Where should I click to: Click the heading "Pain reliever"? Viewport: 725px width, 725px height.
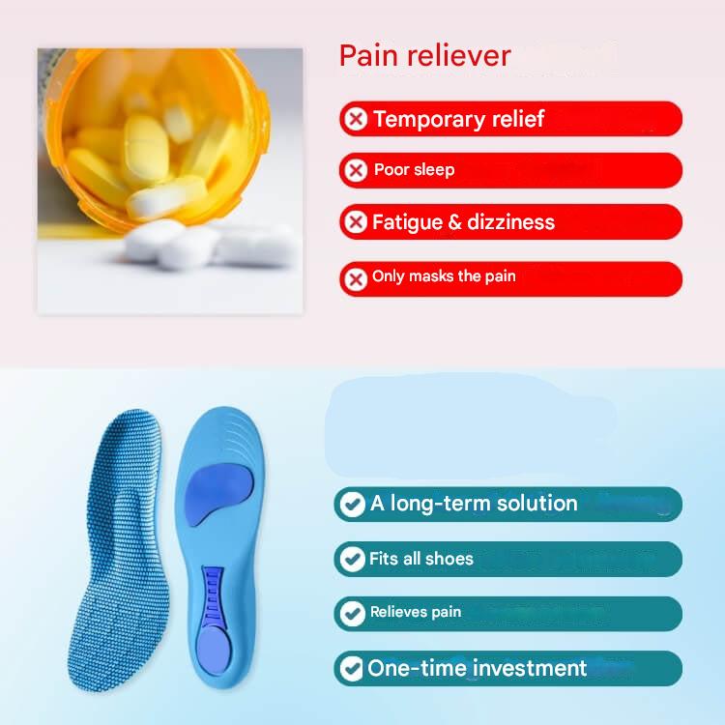pyautogui.click(x=424, y=56)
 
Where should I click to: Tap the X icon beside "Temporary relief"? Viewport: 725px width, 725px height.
pyautogui.click(x=356, y=119)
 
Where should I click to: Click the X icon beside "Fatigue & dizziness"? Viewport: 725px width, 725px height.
pyautogui.click(x=356, y=222)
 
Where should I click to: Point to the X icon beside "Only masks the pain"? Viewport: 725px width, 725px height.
pyautogui.click(x=356, y=278)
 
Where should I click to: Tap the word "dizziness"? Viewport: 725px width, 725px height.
pyautogui.click(x=510, y=222)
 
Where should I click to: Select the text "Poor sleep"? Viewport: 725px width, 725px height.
pyautogui.click(x=414, y=170)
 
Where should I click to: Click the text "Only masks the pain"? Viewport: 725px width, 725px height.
pyautogui.click(x=444, y=277)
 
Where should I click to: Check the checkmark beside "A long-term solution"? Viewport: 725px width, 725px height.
pyautogui.click(x=350, y=504)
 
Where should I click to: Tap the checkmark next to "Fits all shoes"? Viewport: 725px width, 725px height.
pyautogui.click(x=350, y=559)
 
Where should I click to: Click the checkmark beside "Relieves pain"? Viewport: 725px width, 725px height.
pyautogui.click(x=350, y=613)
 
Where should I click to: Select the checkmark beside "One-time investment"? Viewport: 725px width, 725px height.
pyautogui.click(x=350, y=668)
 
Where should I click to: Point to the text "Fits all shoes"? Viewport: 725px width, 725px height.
pyautogui.click(x=421, y=559)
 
